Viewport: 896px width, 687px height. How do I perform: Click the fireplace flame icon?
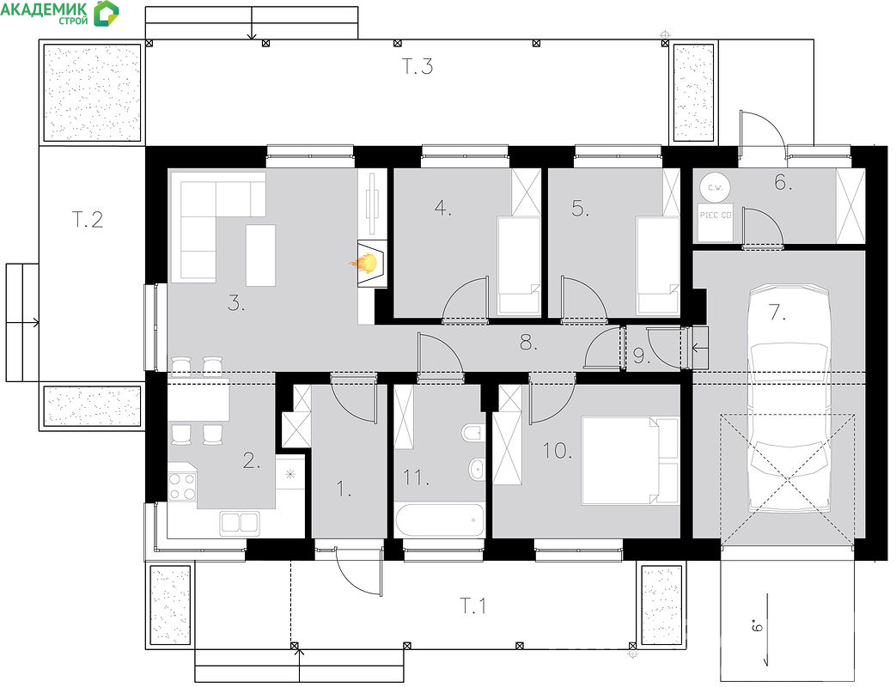364,263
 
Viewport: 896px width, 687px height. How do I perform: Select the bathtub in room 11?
439,519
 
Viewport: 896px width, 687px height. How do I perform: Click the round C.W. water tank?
714,186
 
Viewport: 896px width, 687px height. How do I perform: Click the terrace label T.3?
418,66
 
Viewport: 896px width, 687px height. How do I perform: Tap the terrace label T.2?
88,219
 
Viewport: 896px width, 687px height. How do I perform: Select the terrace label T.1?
473,605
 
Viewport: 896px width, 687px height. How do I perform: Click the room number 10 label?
558,451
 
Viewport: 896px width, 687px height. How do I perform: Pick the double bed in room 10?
630,460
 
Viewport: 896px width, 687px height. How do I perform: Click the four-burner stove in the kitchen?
182,487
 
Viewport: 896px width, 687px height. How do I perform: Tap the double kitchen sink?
240,522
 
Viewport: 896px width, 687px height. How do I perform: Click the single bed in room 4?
518,265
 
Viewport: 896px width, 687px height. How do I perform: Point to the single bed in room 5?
658,265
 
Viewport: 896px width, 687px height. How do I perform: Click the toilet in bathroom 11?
472,432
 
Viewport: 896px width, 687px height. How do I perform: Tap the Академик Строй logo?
60,13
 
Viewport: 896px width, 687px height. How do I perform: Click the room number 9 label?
642,356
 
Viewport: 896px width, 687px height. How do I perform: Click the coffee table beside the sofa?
260,255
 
